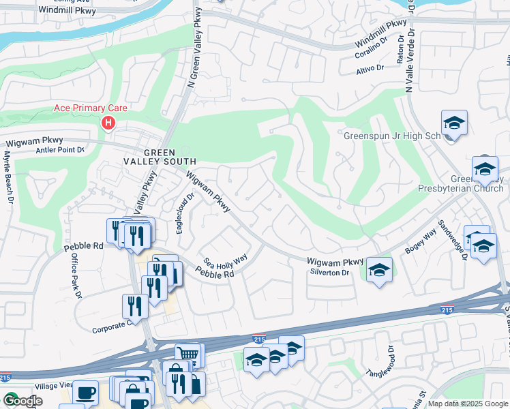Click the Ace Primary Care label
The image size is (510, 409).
(91, 108)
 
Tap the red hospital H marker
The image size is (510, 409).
(108, 123)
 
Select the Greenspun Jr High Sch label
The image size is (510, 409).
(392, 135)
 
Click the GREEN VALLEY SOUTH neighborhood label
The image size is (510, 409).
(159, 157)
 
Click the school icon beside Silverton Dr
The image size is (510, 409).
(379, 270)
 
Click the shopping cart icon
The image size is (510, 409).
(187, 354)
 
